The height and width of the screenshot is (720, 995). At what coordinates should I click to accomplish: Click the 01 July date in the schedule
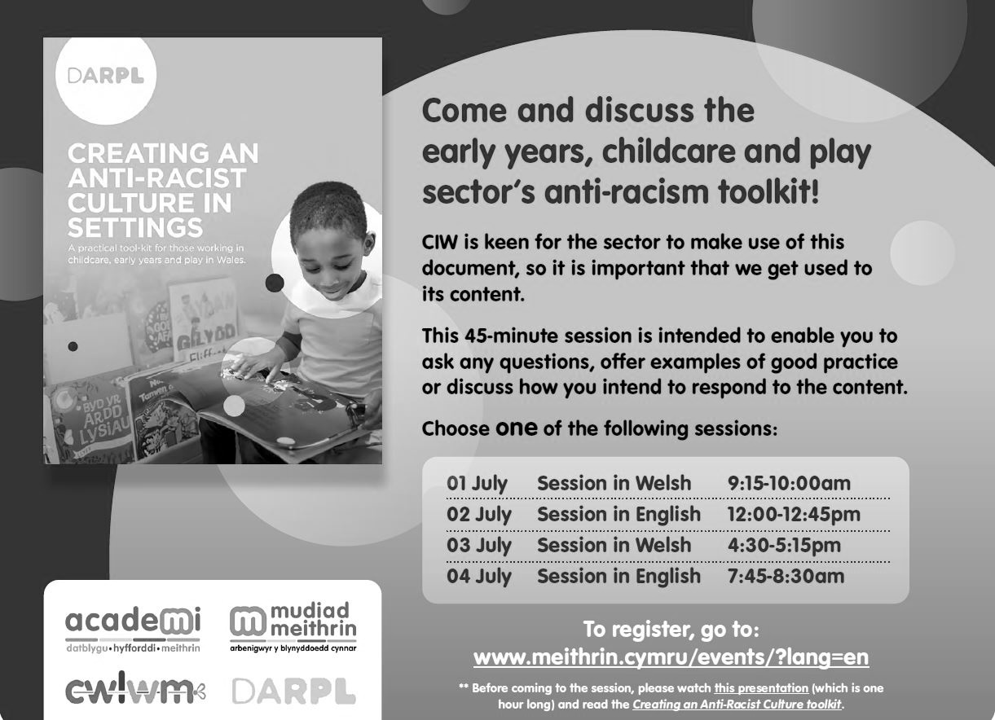[477, 484]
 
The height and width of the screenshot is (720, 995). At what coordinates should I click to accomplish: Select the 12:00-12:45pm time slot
[794, 515]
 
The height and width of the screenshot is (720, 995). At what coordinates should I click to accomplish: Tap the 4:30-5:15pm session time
[784, 545]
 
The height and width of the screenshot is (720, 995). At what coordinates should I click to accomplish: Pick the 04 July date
[479, 576]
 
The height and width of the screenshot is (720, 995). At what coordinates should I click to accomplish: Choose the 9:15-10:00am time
[789, 484]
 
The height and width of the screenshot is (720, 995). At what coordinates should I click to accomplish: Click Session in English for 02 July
[619, 515]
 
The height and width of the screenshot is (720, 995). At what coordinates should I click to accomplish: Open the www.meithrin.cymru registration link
[671, 657]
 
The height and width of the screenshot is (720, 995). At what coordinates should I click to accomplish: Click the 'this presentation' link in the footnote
[761, 688]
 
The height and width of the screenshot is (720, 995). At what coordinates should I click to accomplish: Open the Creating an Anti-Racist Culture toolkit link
[737, 704]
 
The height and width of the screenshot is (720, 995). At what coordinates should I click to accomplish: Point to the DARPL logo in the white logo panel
[293, 691]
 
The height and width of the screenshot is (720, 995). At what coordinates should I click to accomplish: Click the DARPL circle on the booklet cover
[106, 76]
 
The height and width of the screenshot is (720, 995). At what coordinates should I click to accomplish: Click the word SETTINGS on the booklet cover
[135, 227]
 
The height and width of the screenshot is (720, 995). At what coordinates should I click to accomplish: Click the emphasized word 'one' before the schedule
[516, 428]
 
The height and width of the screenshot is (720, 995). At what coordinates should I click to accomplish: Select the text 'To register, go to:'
[671, 630]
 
